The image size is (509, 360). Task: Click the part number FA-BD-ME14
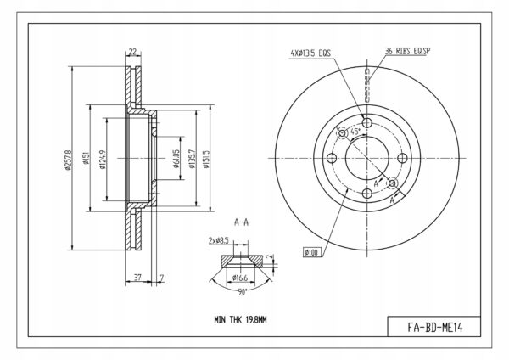tap(435, 328)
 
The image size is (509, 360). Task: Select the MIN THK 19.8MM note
tap(240, 320)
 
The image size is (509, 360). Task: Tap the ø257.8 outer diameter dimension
tap(68, 160)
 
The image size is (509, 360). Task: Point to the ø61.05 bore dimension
tap(176, 159)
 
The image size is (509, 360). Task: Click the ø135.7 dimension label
tap(193, 159)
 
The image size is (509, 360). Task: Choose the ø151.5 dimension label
tap(206, 160)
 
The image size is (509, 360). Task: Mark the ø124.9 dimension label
tap(103, 160)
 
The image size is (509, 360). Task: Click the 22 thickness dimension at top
tap(133, 51)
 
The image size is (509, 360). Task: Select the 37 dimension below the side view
tap(137, 278)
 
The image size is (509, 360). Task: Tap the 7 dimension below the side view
tap(162, 278)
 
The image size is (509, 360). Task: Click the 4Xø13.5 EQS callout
tap(310, 53)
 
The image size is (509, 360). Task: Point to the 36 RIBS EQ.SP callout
tap(407, 51)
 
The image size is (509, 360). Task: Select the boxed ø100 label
tap(312, 252)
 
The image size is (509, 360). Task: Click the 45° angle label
tap(355, 132)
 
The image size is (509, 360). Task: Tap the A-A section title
tap(241, 222)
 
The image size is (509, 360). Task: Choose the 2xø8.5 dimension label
tap(218, 241)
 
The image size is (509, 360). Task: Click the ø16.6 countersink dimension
tap(240, 278)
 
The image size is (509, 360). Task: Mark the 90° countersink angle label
tap(242, 292)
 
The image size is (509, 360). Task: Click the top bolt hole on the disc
tap(367, 123)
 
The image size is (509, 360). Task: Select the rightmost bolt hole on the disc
tap(402, 158)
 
